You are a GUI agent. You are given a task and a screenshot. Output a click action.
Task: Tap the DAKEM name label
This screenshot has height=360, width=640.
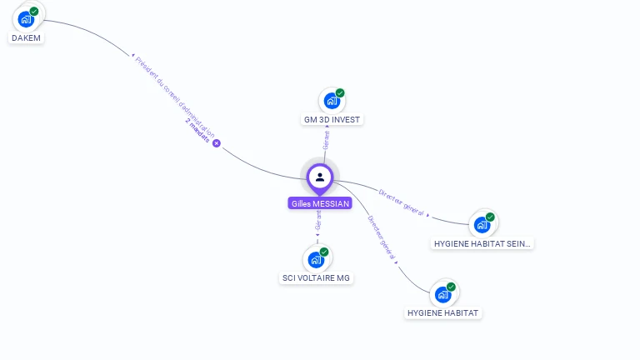pyautogui.click(x=26, y=38)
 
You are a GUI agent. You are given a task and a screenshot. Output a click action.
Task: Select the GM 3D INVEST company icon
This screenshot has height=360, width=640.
pyautogui.click(x=332, y=101)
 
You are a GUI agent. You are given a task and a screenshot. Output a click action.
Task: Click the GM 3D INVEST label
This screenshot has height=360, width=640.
pyautogui.click(x=332, y=120)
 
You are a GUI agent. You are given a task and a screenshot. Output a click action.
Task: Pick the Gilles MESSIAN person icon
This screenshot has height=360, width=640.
pyautogui.click(x=320, y=177)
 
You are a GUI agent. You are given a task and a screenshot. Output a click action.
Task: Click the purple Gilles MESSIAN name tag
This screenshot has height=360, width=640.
pyautogui.click(x=320, y=203)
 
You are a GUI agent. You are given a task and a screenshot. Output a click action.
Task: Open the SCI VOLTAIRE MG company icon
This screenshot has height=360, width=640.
pyautogui.click(x=317, y=259)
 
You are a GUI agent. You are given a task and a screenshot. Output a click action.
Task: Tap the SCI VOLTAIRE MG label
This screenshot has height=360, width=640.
pyautogui.click(x=316, y=278)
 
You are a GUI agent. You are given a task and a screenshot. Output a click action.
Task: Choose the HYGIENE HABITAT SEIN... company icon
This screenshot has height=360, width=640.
pyautogui.click(x=482, y=224)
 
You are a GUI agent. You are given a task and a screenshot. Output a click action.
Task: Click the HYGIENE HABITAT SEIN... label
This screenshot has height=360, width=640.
pyautogui.click(x=482, y=244)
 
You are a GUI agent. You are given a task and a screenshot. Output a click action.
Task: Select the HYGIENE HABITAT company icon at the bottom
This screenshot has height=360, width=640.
pyautogui.click(x=443, y=294)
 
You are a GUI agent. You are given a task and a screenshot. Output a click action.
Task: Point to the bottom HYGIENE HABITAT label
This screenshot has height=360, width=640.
pyautogui.click(x=444, y=313)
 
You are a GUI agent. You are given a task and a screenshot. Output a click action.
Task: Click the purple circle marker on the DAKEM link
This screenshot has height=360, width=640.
pyautogui.click(x=217, y=143)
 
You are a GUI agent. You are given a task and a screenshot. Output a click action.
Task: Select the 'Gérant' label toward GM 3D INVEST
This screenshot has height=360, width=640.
pyautogui.click(x=327, y=141)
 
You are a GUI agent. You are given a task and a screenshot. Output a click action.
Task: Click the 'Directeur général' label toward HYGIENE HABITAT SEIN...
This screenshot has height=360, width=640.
pyautogui.click(x=401, y=202)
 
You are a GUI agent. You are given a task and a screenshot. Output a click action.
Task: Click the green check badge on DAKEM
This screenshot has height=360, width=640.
pyautogui.click(x=34, y=12)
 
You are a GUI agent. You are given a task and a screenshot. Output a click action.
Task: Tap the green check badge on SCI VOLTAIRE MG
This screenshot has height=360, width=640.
pyautogui.click(x=324, y=252)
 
